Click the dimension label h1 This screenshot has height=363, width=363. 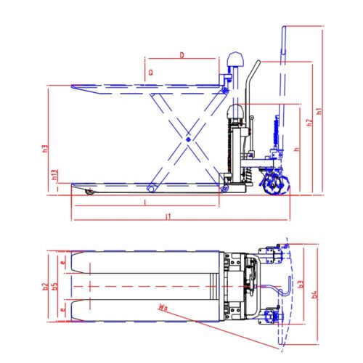[x=320, y=113]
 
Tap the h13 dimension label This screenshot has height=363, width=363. [x=55, y=175]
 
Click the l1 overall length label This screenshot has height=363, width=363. [x=168, y=216]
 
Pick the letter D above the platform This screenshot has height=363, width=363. [x=181, y=54]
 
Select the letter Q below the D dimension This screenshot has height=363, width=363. [x=150, y=72]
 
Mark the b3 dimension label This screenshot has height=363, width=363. [x=301, y=286]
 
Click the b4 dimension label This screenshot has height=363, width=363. [x=314, y=293]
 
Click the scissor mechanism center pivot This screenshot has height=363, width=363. [x=188, y=138]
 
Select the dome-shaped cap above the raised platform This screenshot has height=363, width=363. [x=235, y=60]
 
